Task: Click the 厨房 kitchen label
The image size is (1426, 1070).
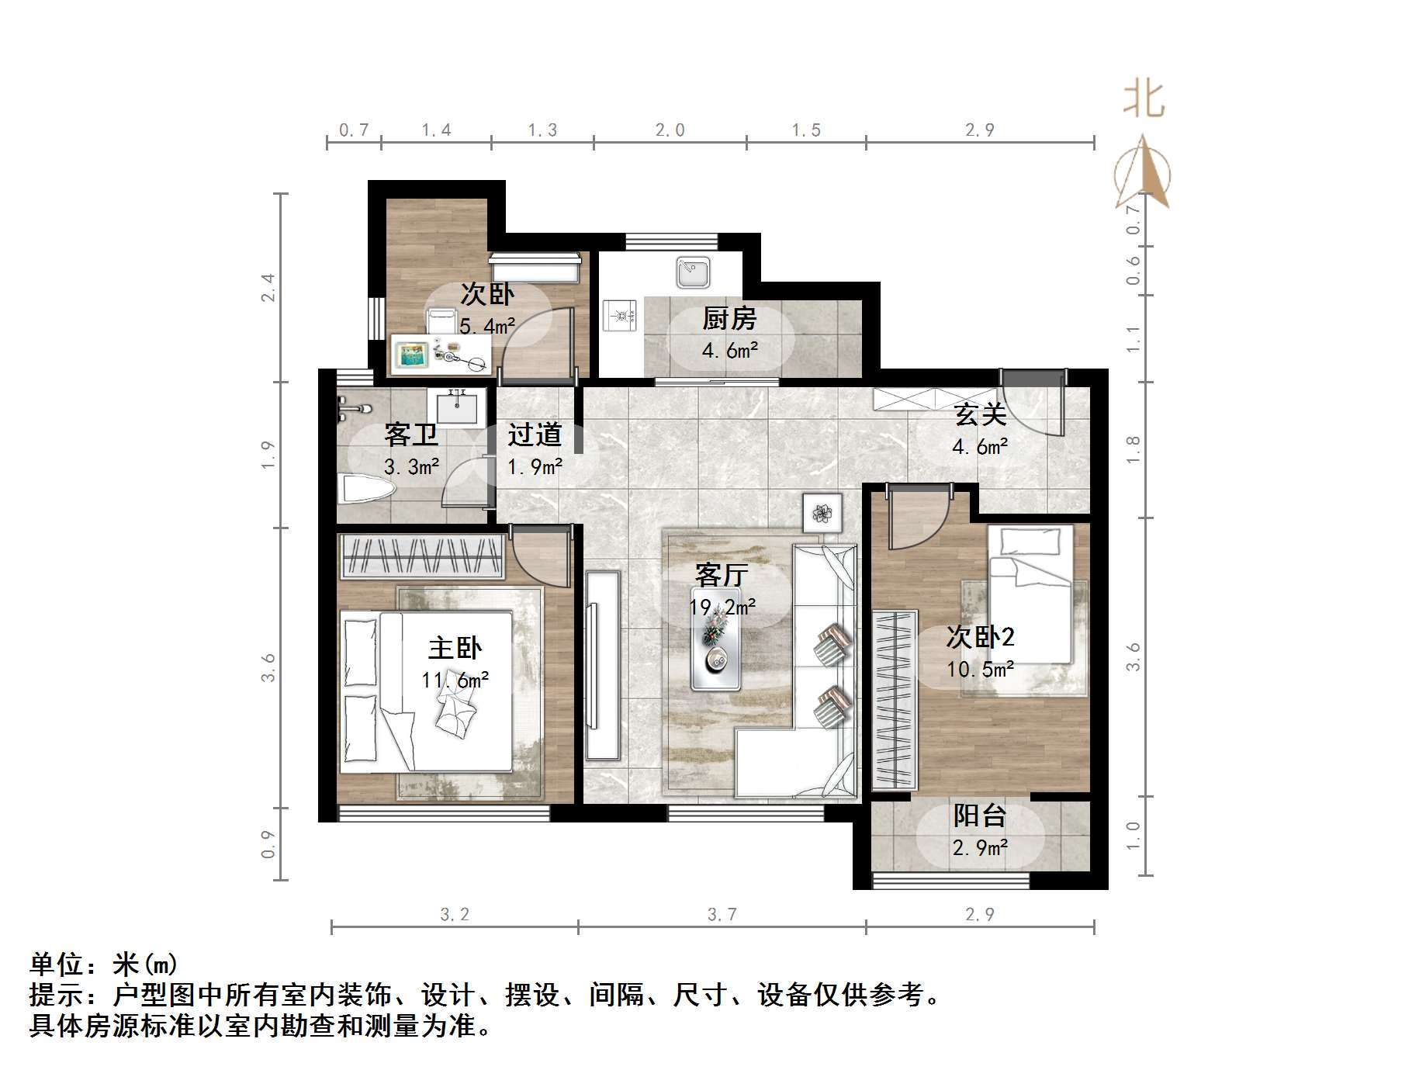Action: pos(729,318)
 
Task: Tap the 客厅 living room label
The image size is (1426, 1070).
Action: pos(722,575)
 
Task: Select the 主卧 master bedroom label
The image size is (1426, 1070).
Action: pos(455,648)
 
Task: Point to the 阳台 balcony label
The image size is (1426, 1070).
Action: pos(980,815)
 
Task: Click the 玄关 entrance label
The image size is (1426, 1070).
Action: pos(981,414)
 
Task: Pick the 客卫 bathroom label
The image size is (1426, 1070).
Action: pos(411,435)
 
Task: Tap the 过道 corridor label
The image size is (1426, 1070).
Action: pos(535,435)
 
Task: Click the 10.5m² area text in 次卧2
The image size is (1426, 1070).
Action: pos(981,669)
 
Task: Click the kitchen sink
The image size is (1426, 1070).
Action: pos(693,272)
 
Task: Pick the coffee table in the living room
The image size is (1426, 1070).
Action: pos(716,640)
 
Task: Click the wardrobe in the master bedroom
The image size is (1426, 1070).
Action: pos(423,556)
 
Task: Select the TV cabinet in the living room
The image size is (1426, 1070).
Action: pos(603,665)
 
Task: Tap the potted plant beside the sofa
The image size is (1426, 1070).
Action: pos(822,512)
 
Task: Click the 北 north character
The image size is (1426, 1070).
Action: pos(1144,99)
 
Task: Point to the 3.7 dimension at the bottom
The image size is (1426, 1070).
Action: pos(722,915)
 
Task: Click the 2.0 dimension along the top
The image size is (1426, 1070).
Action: pos(670,130)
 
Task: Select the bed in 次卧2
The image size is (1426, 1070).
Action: pos(1030,594)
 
